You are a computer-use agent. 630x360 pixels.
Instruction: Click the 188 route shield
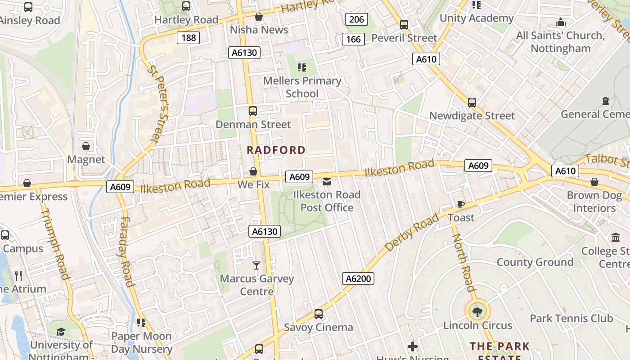pyautogui.click(x=188, y=38)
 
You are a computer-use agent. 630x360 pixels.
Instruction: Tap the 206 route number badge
pyautogui.click(x=356, y=19)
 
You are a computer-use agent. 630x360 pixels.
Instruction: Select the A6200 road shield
pyautogui.click(x=358, y=279)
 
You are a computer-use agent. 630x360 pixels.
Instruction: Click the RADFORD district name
pyautogui.click(x=276, y=150)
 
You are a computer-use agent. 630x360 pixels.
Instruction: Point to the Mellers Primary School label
pyautogui.click(x=302, y=87)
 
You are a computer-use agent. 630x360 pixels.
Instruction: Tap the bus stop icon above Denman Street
pyautogui.click(x=253, y=111)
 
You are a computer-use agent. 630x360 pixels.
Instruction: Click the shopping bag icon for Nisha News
pyautogui.click(x=259, y=17)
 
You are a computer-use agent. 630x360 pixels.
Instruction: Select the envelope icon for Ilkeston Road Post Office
pyautogui.click(x=327, y=182)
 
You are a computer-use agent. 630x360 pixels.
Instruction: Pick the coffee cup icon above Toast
pyautogui.click(x=460, y=204)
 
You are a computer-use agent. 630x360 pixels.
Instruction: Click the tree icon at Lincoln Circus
pyautogui.click(x=477, y=311)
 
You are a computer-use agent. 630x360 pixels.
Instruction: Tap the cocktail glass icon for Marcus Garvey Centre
pyautogui.click(x=256, y=265)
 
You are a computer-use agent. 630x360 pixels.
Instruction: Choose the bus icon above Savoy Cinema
pyautogui.click(x=319, y=314)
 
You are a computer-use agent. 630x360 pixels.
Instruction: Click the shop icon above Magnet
pyautogui.click(x=86, y=146)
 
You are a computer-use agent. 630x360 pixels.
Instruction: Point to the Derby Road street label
pyautogui.click(x=411, y=233)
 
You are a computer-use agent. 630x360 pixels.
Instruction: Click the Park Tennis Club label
pyautogui.click(x=571, y=319)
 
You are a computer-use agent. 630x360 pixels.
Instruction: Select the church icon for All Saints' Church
pyautogui.click(x=561, y=22)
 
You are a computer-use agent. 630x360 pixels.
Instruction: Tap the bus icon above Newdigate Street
pyautogui.click(x=472, y=103)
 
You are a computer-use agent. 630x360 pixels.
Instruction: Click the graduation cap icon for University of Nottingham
pyautogui.click(x=61, y=332)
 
